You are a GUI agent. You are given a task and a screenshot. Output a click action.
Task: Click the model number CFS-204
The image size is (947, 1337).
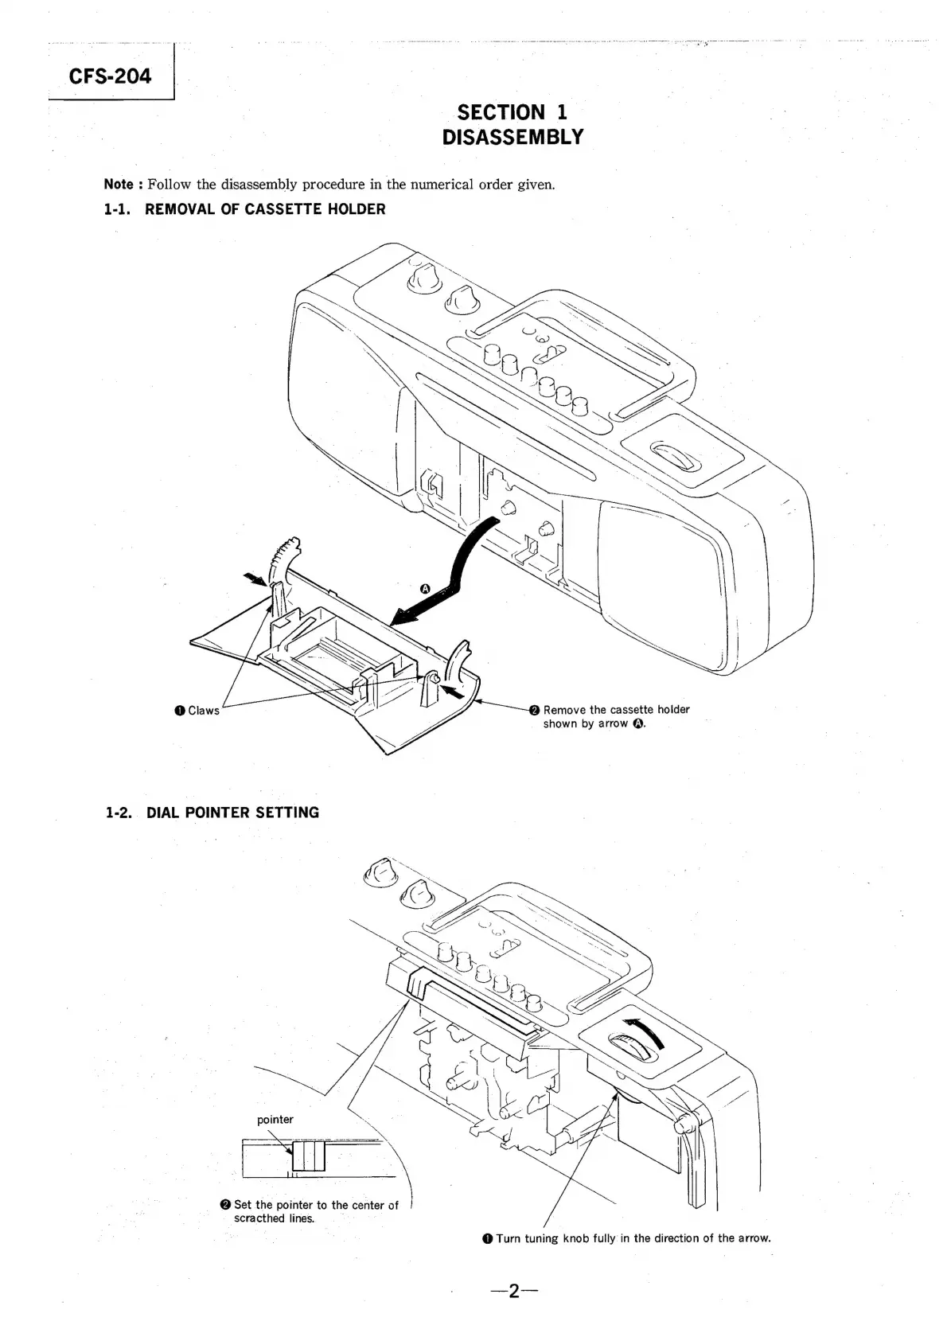tap(109, 76)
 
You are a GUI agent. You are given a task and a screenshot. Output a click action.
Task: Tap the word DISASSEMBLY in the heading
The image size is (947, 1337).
tap(512, 137)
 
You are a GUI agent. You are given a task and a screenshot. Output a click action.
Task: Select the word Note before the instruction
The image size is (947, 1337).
tap(119, 185)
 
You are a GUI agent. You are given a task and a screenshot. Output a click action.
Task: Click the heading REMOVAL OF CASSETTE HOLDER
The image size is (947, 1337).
tap(265, 209)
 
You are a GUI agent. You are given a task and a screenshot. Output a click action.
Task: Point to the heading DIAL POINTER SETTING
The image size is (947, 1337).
tap(232, 813)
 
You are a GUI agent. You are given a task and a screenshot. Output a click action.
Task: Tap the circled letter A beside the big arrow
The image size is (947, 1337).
tap(425, 589)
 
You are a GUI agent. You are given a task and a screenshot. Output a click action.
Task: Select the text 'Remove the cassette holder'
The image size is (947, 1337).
tap(616, 709)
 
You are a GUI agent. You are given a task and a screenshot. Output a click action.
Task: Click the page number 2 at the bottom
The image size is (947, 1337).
tap(514, 1291)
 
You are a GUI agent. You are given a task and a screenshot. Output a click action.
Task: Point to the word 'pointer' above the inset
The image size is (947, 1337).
tap(275, 1119)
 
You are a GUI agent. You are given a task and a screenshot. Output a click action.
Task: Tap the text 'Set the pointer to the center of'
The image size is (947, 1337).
tap(316, 1205)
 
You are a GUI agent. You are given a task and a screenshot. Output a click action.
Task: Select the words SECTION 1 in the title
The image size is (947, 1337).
tap(512, 112)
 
